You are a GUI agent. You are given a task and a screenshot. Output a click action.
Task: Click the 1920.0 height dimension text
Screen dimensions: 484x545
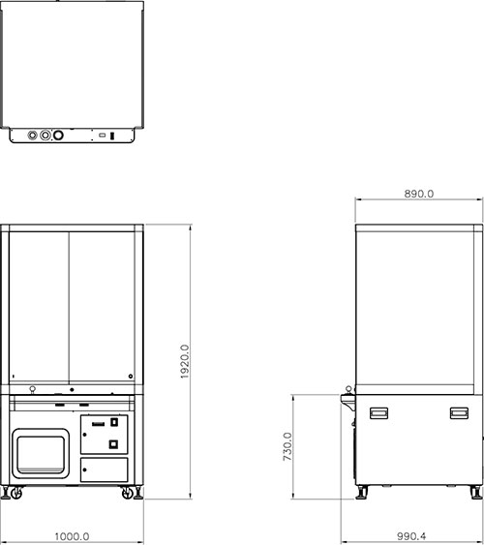click(185, 361)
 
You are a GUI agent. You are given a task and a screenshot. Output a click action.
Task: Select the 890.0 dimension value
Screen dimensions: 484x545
click(419, 194)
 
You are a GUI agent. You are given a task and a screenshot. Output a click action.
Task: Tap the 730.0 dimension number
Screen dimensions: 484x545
click(287, 446)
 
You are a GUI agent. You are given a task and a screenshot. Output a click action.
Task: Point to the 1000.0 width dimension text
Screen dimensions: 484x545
click(73, 536)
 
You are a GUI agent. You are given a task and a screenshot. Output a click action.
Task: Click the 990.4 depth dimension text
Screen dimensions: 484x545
click(411, 536)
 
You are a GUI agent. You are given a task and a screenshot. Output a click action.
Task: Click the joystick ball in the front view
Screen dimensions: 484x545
click(32, 388)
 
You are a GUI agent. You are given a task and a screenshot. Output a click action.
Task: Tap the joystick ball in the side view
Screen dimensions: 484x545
click(348, 388)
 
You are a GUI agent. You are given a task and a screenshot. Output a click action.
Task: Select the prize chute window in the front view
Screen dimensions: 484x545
click(41, 454)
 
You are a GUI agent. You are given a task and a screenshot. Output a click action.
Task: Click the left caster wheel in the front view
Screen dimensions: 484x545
click(16, 493)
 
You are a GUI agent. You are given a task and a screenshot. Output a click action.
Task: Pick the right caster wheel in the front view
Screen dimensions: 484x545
click(128, 493)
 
